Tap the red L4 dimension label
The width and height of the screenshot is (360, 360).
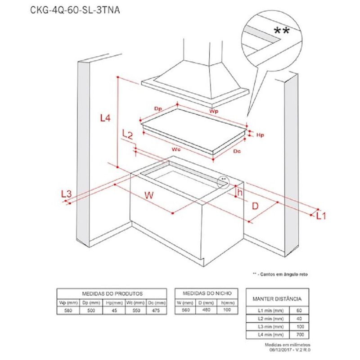click(x=104, y=118)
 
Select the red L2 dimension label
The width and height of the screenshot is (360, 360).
click(x=127, y=134)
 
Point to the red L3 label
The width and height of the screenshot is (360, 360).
click(x=66, y=193)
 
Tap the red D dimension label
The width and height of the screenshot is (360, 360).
click(x=255, y=206)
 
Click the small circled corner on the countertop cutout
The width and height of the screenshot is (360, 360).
click(x=223, y=181)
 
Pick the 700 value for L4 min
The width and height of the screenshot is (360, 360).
click(x=300, y=335)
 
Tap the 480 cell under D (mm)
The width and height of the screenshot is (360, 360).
click(x=206, y=310)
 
